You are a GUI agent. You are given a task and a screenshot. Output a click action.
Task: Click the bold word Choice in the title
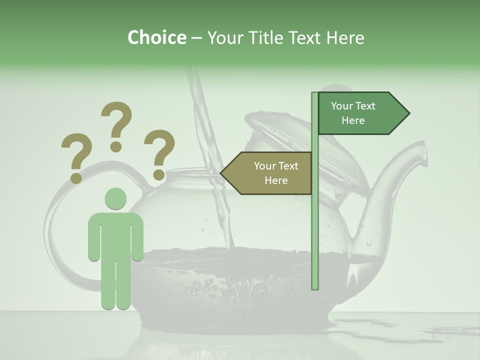click(156, 37)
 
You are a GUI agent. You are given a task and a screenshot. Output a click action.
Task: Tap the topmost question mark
click(116, 125)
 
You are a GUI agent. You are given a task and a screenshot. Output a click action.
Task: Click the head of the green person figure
click(115, 198)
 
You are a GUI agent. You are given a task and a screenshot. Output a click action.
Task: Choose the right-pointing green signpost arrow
click(362, 113)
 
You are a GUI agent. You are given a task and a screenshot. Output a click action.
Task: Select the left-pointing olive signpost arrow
click(267, 173)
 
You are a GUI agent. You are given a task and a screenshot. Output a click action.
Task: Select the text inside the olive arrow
click(276, 173)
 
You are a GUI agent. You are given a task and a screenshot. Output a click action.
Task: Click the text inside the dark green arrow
click(353, 113)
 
